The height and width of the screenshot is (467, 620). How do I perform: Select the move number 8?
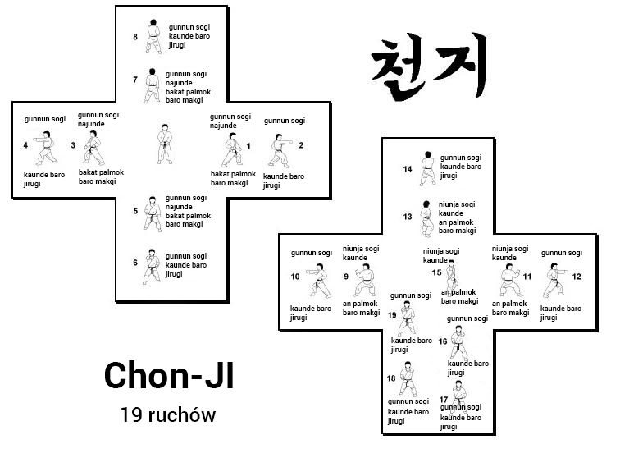pos(135,37)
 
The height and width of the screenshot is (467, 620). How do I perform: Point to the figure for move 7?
pos(153,85)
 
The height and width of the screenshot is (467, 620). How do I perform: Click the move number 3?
pos(73,146)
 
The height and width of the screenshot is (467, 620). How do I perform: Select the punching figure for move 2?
pos(280,150)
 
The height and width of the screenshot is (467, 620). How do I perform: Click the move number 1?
pos(248,146)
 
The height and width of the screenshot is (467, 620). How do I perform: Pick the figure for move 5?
pos(152,213)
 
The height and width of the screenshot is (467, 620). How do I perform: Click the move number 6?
pos(135,263)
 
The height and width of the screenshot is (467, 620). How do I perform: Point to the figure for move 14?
pos(426,168)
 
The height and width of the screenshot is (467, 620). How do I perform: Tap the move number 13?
pos(408,217)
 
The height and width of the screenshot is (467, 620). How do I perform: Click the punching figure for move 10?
pos(319,279)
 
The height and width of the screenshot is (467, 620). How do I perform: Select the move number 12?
pos(577,277)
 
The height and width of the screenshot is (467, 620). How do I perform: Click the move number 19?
pos(392,314)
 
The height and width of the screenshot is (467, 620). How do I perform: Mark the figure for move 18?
pos(408,378)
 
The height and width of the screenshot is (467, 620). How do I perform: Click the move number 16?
pos(443,341)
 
